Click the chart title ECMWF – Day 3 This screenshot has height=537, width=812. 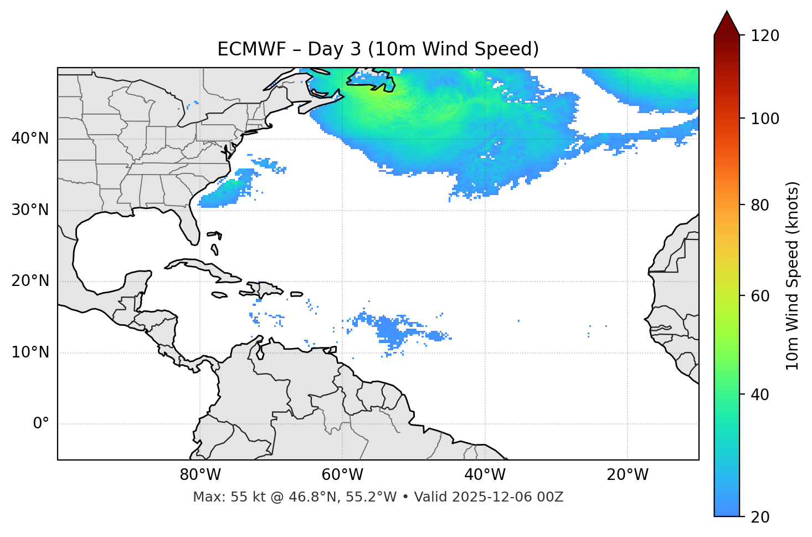378,49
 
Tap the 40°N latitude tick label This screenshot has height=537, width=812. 30,139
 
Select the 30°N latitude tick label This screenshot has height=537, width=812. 30,210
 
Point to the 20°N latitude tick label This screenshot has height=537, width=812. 30,281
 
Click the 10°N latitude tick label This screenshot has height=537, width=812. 30,352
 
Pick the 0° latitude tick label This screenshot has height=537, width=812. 41,424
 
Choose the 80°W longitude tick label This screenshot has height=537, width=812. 200,475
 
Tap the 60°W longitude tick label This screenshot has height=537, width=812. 342,475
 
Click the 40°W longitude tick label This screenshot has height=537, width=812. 485,475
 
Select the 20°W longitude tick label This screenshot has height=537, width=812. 628,475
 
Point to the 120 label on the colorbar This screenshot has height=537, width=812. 765,36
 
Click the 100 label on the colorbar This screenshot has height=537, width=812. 765,119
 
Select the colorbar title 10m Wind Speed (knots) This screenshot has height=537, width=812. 793,275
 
